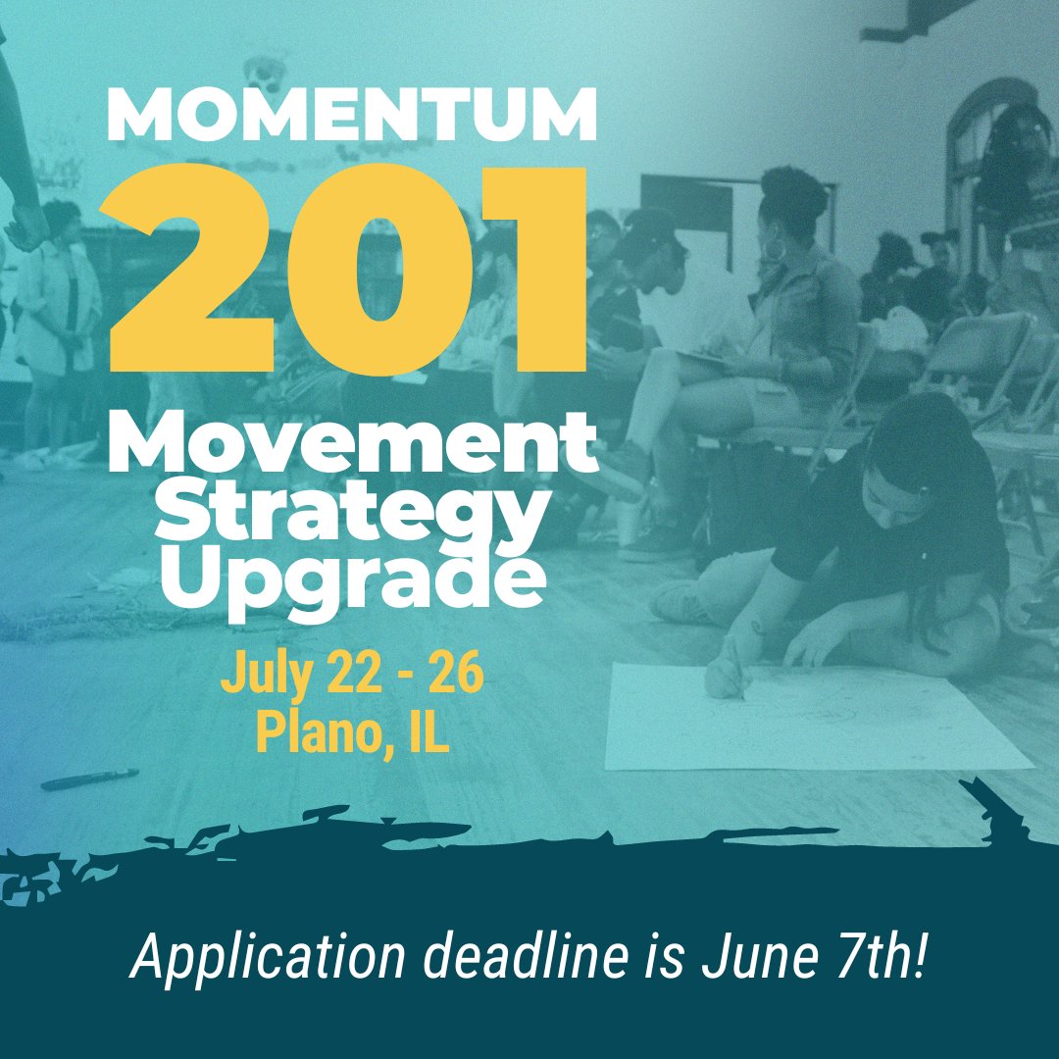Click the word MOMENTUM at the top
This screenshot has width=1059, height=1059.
click(x=351, y=116)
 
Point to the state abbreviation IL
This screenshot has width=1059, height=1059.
click(x=423, y=733)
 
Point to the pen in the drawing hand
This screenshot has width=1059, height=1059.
click(x=733, y=671)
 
